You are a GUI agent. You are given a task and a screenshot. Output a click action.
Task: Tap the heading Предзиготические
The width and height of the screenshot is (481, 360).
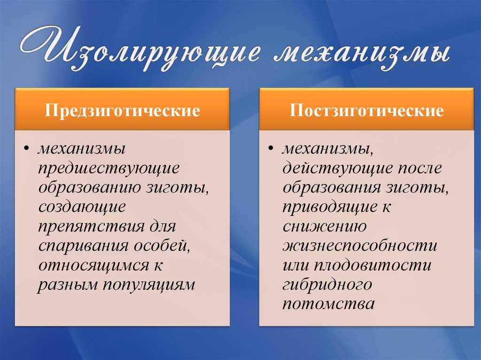123,110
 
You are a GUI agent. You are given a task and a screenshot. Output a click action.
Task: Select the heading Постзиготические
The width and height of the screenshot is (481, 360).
366,110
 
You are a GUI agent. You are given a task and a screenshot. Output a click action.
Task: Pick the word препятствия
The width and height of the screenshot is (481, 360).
92,227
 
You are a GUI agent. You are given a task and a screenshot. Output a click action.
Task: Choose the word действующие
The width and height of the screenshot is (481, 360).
338,169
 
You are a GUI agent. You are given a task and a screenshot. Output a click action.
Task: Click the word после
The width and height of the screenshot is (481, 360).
420,169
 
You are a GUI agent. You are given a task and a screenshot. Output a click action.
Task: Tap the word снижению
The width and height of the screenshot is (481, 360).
325,227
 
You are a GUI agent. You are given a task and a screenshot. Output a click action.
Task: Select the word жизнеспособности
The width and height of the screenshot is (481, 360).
360,246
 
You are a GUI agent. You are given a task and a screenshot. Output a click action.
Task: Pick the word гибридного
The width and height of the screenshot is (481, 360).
327,284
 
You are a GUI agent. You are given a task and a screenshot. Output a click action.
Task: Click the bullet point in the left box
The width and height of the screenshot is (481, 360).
26,149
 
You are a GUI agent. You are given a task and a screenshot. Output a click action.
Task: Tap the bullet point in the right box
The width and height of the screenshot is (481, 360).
271,149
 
